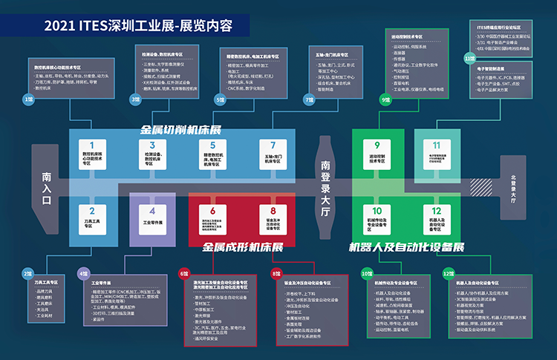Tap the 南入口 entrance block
[x=47, y=187]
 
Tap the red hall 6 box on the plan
[x=212, y=220]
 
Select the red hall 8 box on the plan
[x=273, y=220]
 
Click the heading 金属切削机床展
[x=181, y=129]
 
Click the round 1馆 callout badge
[x=28, y=98]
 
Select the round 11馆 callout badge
[x=469, y=58]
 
